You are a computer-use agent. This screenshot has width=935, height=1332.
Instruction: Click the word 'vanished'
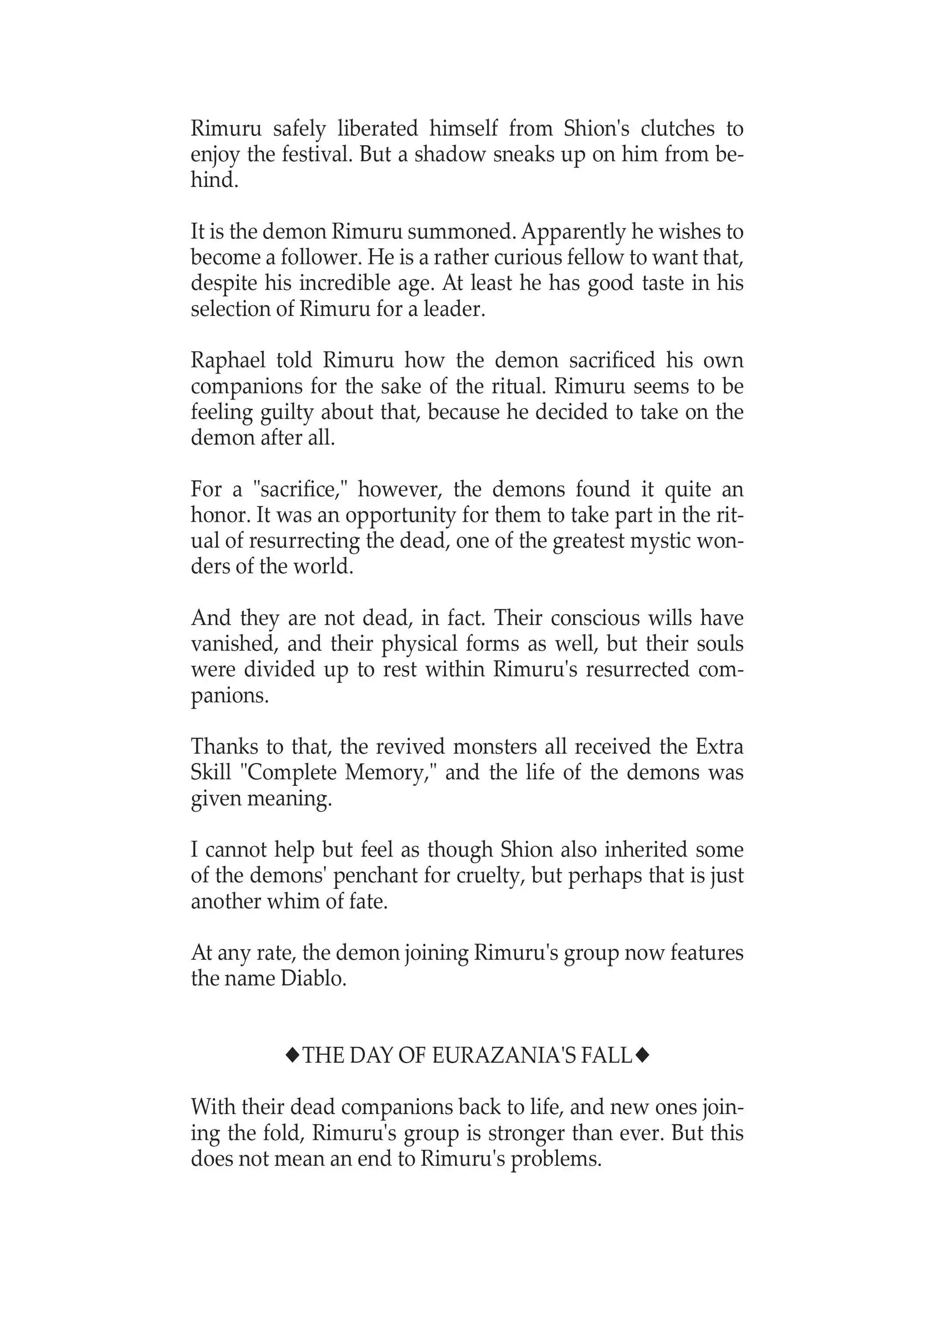pyautogui.click(x=231, y=644)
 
